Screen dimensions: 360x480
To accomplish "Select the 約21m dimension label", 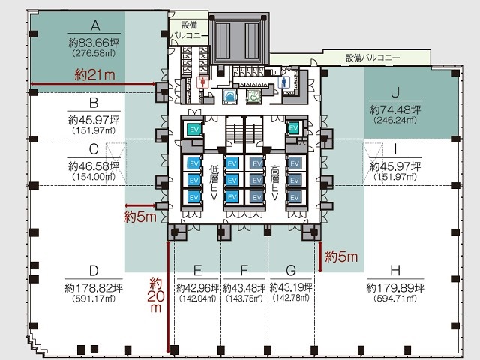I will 94,74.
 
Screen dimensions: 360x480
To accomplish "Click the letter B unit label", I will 94,103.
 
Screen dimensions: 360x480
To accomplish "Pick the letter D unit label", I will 94,271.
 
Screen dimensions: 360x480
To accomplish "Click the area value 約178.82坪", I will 94,288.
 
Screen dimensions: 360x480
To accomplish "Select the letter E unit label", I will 197,271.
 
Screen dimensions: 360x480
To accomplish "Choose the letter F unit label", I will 244,271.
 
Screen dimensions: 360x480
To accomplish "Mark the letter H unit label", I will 395,271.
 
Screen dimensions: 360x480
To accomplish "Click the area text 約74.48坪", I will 395,109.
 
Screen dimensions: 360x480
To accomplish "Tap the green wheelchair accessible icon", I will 253,96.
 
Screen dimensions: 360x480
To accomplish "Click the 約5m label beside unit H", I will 341,257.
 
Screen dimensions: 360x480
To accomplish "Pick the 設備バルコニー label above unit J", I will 373,58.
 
